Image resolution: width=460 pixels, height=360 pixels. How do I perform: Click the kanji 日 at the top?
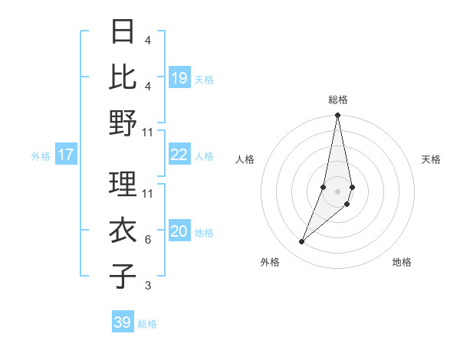123,32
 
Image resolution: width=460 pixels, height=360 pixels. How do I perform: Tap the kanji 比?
123,77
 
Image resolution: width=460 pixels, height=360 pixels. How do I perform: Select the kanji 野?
123,123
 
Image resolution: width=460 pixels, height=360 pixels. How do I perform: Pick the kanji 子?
123,277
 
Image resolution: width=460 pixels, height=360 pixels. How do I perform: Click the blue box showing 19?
179,77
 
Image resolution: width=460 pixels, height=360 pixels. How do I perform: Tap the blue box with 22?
179,155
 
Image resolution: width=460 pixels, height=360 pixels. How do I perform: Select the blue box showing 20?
179,232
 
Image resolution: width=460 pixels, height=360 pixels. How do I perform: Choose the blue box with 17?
66,155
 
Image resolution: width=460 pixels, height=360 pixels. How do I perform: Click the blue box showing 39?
123,322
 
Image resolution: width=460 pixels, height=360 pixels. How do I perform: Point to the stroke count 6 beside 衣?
147,240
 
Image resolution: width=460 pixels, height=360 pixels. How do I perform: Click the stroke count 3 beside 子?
147,286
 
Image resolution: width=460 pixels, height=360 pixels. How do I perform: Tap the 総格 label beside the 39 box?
147,324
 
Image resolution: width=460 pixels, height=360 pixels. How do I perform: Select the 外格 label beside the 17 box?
41,156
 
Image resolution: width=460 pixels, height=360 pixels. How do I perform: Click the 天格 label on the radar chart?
431,159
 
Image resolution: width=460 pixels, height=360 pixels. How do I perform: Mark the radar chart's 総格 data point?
337,116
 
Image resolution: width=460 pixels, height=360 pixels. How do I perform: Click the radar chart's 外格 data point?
302,241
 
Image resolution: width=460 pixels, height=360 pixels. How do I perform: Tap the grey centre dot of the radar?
337,191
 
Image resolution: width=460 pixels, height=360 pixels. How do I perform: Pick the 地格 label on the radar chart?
402,262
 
